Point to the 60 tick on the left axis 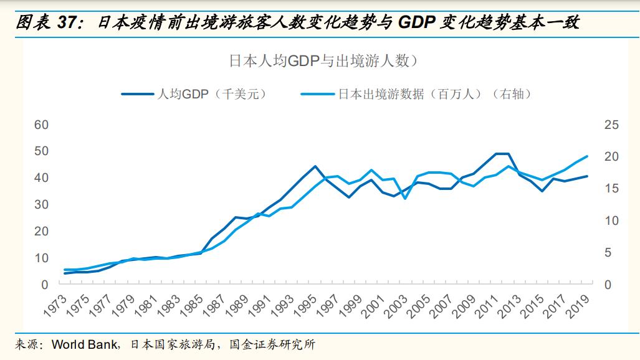pyautogui.click(x=41, y=125)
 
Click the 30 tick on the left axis pyautogui.click(x=41, y=204)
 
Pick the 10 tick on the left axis pyautogui.click(x=41, y=257)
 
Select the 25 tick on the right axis pyautogui.click(x=611, y=125)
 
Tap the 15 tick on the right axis pyautogui.click(x=611, y=189)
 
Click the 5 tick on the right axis pyautogui.click(x=611, y=252)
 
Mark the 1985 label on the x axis pyautogui.click(x=194, y=307)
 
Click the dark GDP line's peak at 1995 pyautogui.click(x=315, y=166)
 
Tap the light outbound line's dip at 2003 pyautogui.click(x=405, y=198)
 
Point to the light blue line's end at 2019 pyautogui.click(x=586, y=156)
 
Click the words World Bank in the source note pyautogui.click(x=80, y=344)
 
